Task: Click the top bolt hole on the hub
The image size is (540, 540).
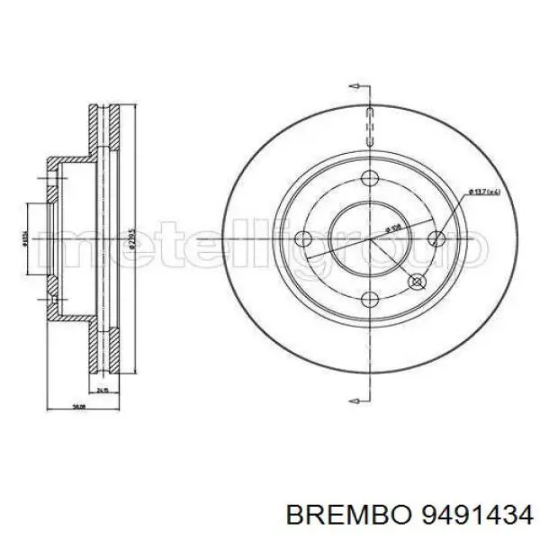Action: (x=369, y=177)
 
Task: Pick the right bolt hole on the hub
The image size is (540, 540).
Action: (x=436, y=238)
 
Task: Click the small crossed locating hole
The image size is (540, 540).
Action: (x=417, y=282)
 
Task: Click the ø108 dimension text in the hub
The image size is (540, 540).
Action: (x=393, y=228)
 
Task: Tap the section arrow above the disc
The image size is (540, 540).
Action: (x=357, y=87)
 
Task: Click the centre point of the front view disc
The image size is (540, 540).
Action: (x=369, y=239)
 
